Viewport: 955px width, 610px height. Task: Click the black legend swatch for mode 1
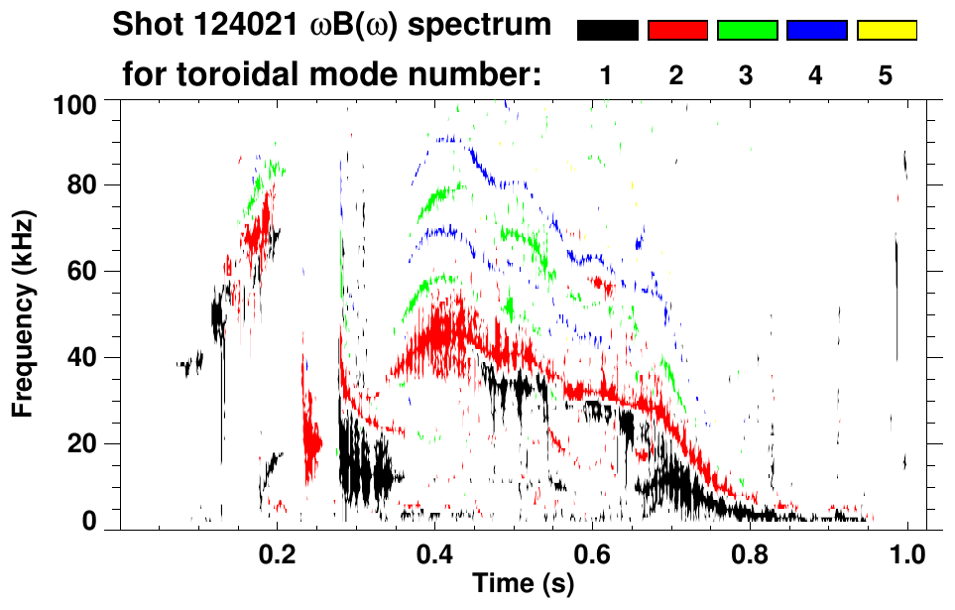pyautogui.click(x=607, y=31)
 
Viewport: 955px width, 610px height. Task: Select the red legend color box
pyautogui.click(x=677, y=31)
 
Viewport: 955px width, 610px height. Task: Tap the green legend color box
pyautogui.click(x=747, y=31)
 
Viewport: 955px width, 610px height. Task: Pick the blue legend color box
pyautogui.click(x=816, y=31)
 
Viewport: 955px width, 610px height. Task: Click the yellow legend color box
pyautogui.click(x=886, y=31)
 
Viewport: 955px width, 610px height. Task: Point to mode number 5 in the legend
pyautogui.click(x=886, y=75)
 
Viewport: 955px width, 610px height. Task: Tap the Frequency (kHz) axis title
pyautogui.click(x=22, y=312)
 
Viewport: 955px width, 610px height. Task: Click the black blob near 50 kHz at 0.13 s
pyautogui.click(x=219, y=315)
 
